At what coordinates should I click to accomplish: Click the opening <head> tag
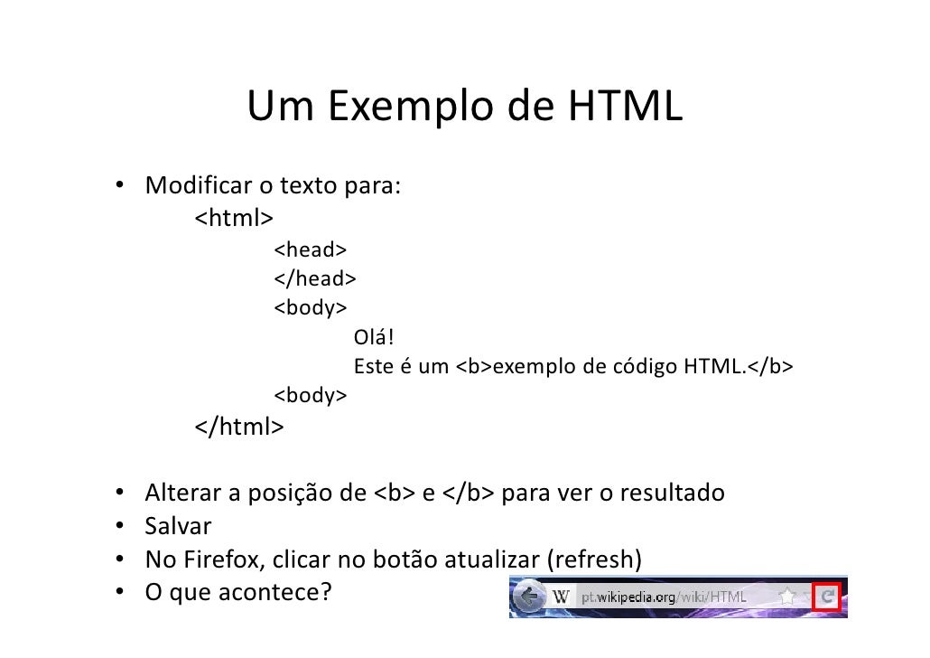tap(311, 249)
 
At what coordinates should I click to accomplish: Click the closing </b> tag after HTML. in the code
tap(769, 367)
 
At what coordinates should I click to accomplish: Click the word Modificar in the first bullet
tap(198, 188)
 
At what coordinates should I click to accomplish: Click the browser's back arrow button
tap(529, 597)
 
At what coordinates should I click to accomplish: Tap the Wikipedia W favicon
tap(562, 597)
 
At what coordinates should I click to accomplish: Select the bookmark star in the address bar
tap(787, 597)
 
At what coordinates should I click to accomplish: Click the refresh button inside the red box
tap(826, 597)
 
